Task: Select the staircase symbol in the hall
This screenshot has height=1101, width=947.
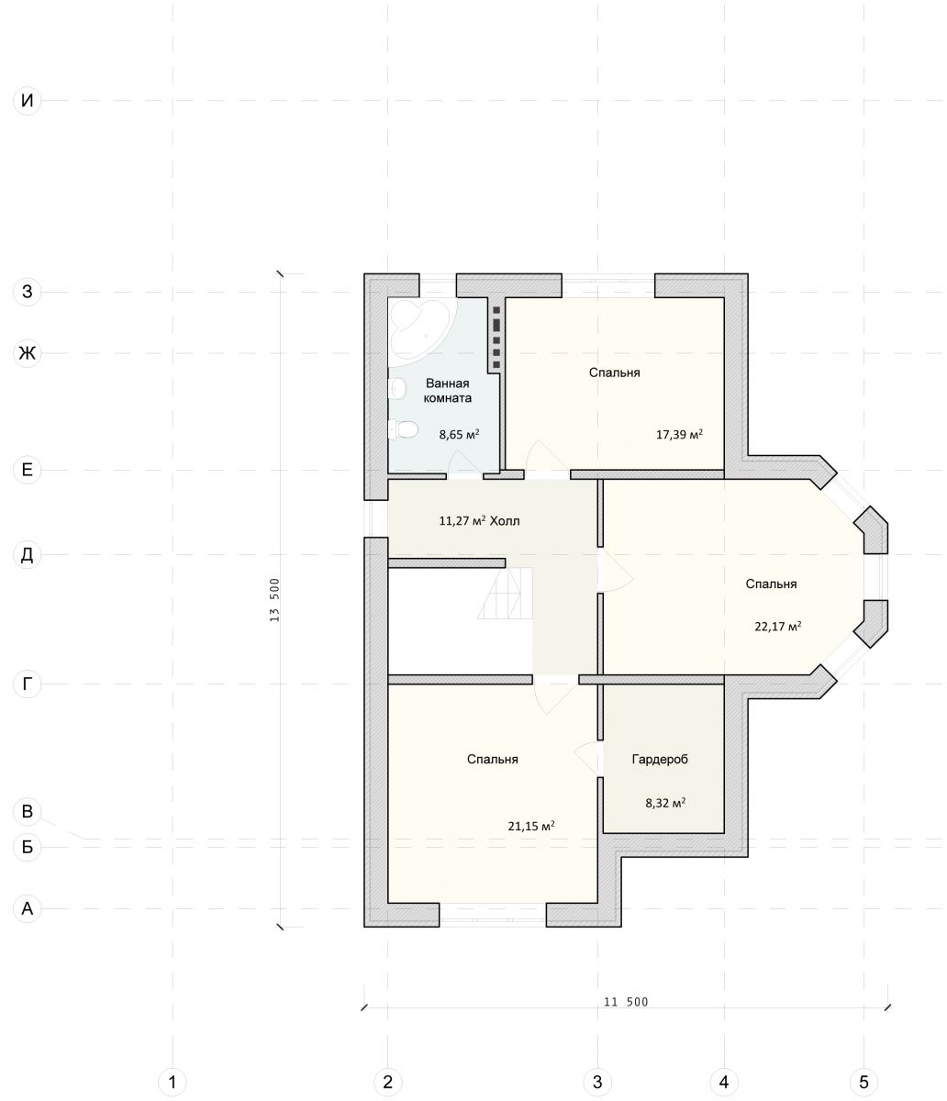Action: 505,593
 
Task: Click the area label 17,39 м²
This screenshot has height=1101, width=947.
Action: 679,434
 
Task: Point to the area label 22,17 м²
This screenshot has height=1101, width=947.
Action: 777,626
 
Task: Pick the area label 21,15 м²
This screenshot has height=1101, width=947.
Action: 531,826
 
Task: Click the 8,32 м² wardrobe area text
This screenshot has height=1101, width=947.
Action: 665,803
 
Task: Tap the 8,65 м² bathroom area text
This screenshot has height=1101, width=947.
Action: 459,434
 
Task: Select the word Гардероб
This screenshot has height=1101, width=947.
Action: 660,759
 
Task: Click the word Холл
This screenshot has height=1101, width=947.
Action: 505,521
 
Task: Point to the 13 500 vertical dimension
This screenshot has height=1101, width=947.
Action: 274,600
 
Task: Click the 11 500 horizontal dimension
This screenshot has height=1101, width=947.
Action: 626,1002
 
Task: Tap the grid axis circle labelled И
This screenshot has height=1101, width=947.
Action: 28,100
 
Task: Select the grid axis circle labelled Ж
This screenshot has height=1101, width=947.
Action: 28,352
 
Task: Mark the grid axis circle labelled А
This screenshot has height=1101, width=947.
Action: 28,908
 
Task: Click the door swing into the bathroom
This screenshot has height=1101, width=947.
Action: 464,462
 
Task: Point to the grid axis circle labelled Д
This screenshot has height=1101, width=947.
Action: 28,554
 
